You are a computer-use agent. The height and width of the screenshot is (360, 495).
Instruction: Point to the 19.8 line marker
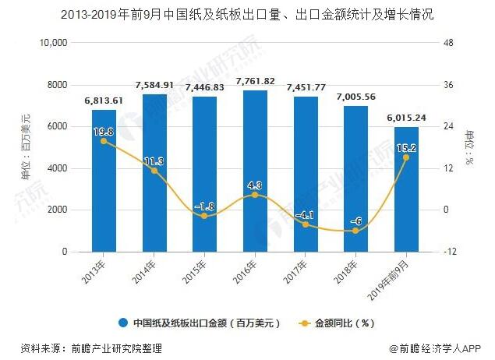pyautogui.click(x=104, y=141)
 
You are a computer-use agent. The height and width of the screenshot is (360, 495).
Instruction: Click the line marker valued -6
pyautogui.click(x=356, y=231)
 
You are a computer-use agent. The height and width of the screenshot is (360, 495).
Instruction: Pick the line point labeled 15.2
pyautogui.click(x=406, y=157)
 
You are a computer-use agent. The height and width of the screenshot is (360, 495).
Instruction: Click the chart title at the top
pyautogui.click(x=247, y=14)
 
